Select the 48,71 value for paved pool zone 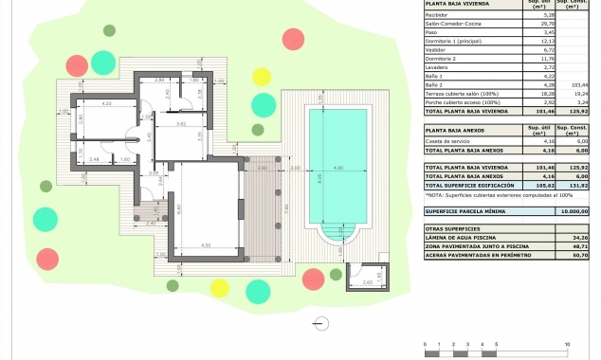(577, 245)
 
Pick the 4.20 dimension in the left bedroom (106, 102)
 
